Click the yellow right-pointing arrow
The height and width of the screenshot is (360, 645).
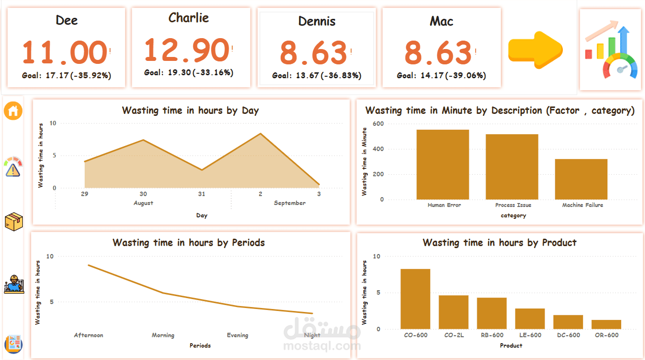535,50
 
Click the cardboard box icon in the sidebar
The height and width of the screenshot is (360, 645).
13,221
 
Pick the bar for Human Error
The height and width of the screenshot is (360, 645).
443,164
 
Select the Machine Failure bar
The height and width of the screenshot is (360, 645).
581,179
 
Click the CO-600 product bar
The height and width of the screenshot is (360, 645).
415,299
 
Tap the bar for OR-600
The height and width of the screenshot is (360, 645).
606,324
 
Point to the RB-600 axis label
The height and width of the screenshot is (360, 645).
492,335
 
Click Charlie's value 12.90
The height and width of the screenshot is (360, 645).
187,50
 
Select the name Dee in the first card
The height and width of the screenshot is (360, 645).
66,20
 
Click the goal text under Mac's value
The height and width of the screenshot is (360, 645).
441,76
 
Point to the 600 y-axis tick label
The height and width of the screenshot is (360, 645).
378,123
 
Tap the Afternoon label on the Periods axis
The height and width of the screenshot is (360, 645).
89,335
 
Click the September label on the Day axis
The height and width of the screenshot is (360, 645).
290,203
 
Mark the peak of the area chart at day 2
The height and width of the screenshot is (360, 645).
260,134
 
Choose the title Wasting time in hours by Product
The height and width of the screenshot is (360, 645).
499,243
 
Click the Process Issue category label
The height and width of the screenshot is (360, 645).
513,205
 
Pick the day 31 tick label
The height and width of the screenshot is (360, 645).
201,194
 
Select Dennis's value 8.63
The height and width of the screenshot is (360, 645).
313,52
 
